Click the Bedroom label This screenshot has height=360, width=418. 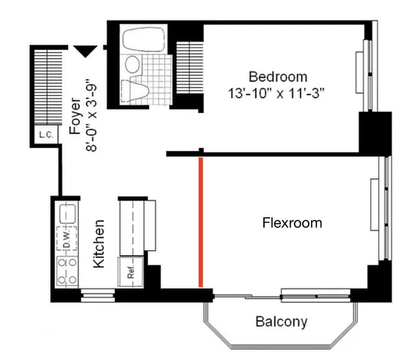[x=278, y=77]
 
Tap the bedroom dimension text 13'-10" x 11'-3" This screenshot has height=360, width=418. [x=276, y=94]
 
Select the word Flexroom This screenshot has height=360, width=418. [x=292, y=223]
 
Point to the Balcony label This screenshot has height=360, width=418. [x=281, y=322]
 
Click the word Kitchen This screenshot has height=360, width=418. [x=99, y=243]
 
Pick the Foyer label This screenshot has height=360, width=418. [x=75, y=116]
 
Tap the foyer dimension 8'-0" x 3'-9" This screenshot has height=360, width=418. [x=91, y=115]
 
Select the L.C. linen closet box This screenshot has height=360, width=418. [x=47, y=135]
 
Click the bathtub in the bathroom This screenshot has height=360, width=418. [x=143, y=39]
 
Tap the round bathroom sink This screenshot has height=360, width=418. [x=133, y=64]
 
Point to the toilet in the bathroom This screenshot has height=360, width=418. [x=135, y=91]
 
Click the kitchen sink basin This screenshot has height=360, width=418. [x=67, y=214]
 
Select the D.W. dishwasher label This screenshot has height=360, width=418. [x=67, y=238]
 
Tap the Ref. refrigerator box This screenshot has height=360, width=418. [x=131, y=272]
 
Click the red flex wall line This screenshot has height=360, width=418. [x=201, y=222]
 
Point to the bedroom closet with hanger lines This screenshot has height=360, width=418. [x=190, y=68]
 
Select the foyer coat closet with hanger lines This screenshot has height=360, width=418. [x=48, y=87]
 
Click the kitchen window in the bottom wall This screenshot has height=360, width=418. [x=98, y=295]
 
